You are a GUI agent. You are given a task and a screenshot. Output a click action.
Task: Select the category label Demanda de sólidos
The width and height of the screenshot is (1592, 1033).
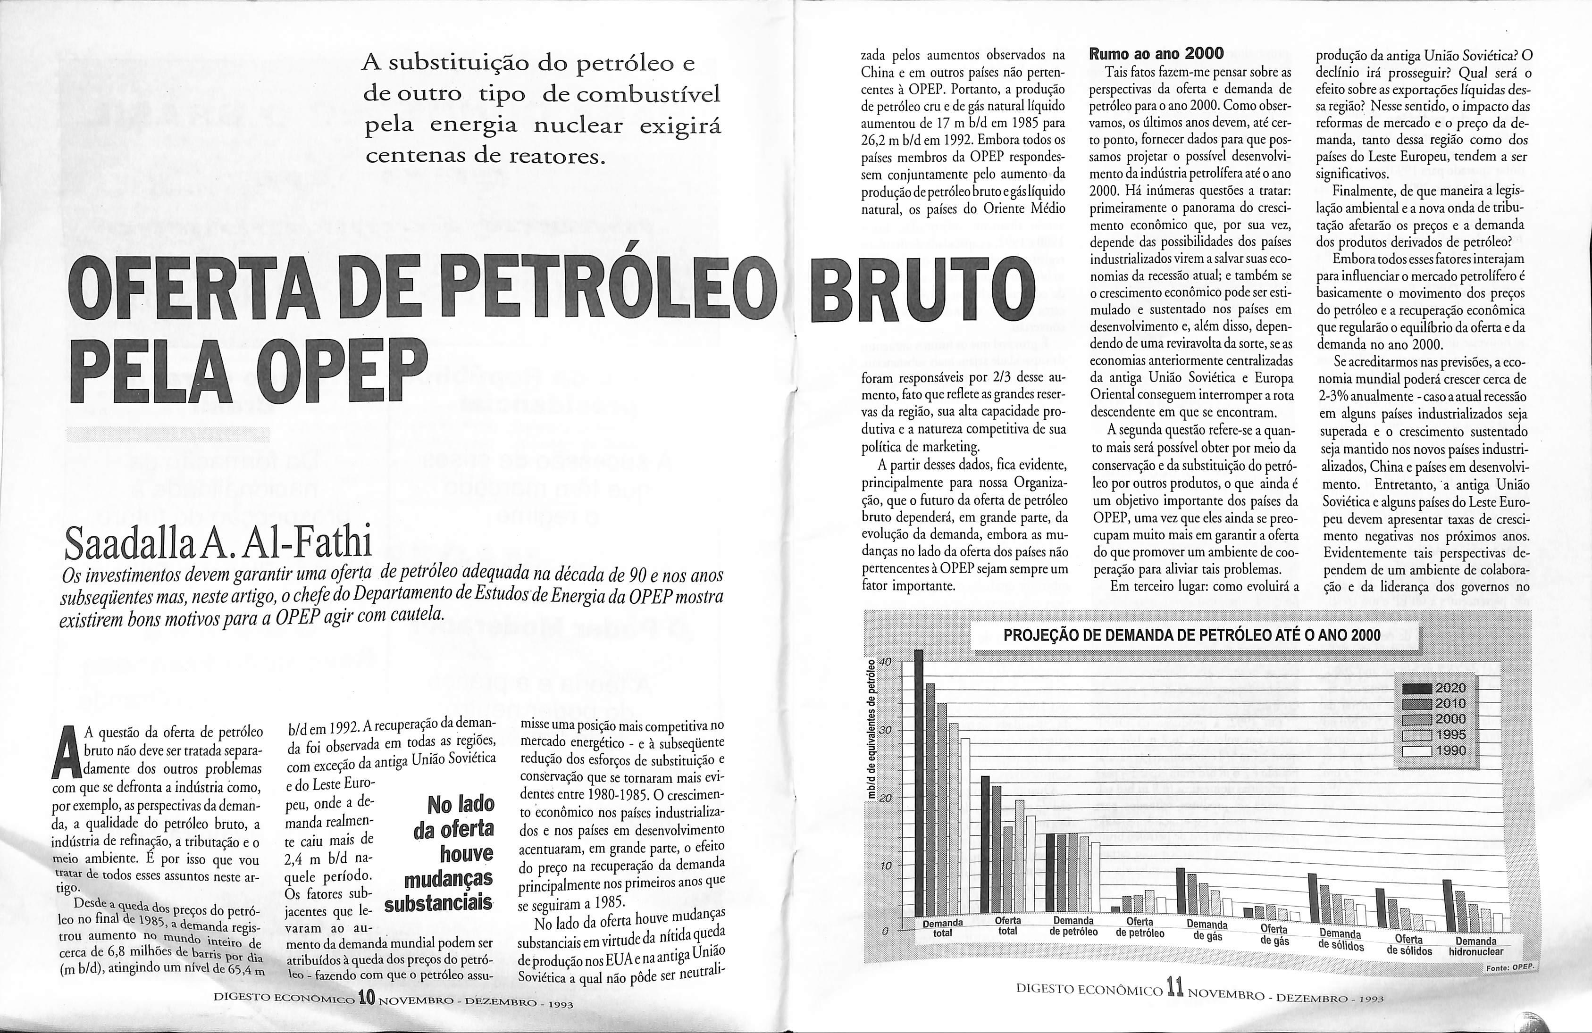pyautogui.click(x=1341, y=940)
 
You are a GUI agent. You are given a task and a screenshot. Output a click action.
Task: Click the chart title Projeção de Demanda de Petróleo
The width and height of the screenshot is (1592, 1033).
pyautogui.click(x=1193, y=635)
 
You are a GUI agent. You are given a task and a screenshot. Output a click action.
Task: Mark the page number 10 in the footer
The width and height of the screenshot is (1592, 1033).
pyautogui.click(x=365, y=998)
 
